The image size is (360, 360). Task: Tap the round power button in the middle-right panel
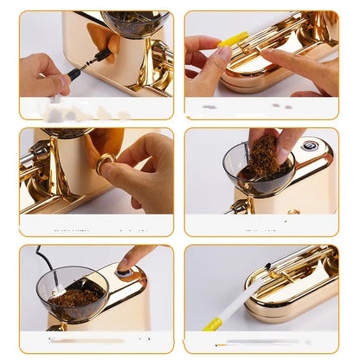pyautogui.click(x=309, y=145)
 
